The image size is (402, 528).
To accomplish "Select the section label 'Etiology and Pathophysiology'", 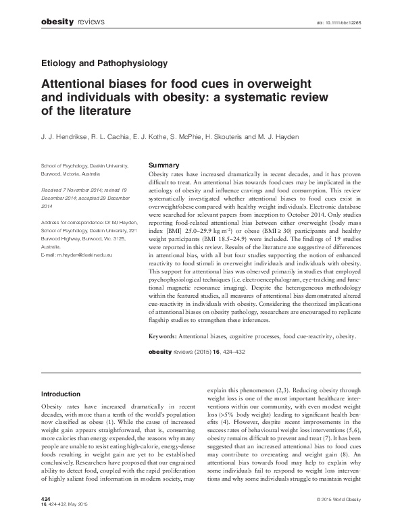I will coord(104,64).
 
